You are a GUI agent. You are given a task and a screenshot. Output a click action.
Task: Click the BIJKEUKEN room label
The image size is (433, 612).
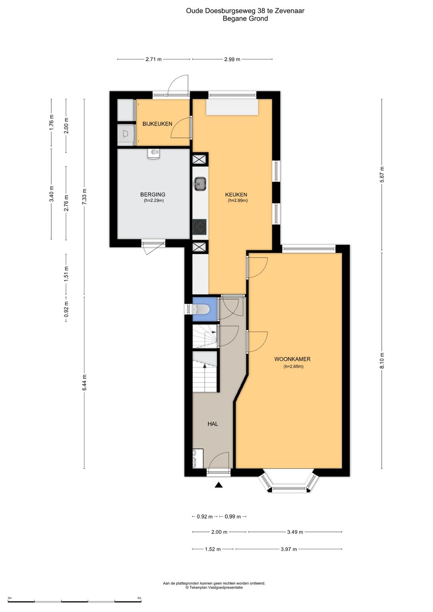tap(157, 124)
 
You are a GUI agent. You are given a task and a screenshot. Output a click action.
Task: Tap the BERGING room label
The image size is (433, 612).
tap(152, 194)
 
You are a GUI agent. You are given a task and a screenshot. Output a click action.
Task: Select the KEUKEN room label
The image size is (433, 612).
tap(236, 194)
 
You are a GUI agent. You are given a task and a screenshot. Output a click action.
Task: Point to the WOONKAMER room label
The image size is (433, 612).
tap(292, 359)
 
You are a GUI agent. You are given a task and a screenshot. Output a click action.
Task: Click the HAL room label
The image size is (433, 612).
tap(212, 424)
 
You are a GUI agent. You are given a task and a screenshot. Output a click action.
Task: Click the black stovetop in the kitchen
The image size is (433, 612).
tap(200, 227)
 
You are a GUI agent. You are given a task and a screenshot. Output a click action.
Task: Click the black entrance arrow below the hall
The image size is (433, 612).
tap(219, 485)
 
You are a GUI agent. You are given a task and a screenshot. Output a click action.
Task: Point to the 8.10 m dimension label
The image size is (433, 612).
tap(382, 361)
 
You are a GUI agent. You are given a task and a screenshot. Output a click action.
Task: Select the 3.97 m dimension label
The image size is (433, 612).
tap(289, 549)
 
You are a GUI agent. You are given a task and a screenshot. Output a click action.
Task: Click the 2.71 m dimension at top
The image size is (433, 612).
tap(153, 59)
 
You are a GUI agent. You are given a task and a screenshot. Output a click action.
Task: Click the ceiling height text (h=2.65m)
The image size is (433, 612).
tap(293, 367)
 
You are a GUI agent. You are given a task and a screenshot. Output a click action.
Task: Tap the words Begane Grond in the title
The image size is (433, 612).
tap(245, 18)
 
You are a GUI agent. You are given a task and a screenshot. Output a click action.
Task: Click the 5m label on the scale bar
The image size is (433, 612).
tap(140, 598)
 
